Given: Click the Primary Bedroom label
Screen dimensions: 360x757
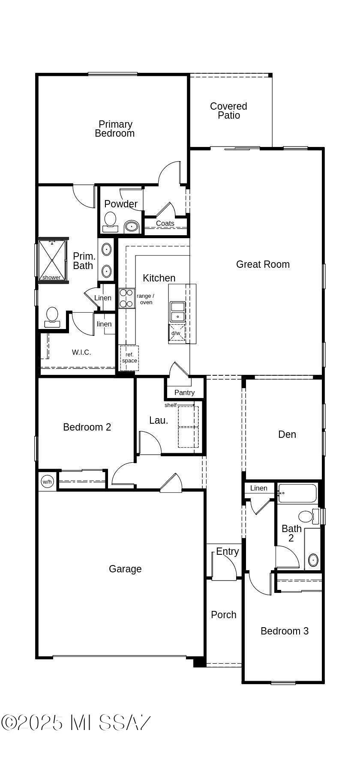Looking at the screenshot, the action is (115, 129).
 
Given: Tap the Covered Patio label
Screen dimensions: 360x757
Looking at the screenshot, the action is (228, 111).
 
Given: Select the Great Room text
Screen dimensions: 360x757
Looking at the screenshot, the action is (263, 264).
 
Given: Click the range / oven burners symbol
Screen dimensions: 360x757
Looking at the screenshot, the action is (126, 298).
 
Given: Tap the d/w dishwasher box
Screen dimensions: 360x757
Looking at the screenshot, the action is (177, 333).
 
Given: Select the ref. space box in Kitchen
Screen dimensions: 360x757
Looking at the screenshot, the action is (129, 358).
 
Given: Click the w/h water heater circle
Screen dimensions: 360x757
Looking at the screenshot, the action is (47, 482).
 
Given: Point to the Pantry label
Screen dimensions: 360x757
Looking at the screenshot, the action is (184, 392).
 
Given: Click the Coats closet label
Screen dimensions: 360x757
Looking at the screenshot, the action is (165, 223).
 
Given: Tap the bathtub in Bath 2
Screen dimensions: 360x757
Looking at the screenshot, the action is (297, 494).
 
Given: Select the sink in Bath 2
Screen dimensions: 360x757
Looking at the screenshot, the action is (313, 560).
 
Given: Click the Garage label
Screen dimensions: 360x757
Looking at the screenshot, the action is (125, 569).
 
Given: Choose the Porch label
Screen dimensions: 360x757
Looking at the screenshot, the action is (224, 615).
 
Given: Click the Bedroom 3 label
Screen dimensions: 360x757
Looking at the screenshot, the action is (285, 631).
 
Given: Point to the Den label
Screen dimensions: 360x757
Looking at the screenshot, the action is (287, 434).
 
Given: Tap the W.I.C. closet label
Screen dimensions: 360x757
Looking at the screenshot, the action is (81, 352).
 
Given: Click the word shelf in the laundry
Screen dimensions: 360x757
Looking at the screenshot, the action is (171, 405).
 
